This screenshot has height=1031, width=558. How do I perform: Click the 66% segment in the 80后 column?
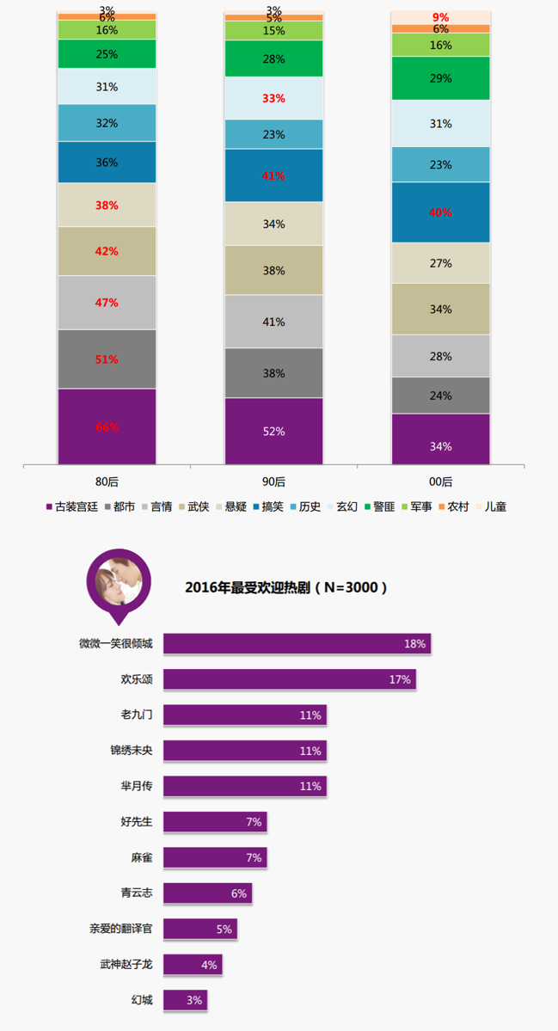(107, 427)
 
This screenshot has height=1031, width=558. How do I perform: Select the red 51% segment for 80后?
(107, 359)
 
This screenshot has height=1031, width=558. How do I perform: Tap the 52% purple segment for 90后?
(273, 432)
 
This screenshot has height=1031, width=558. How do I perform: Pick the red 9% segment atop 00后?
(440, 17)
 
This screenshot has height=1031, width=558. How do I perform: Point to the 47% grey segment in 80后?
(107, 303)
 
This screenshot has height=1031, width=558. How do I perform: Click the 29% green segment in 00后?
(440, 78)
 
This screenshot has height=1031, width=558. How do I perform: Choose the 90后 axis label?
(273, 482)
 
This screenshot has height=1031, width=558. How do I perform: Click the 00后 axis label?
(440, 482)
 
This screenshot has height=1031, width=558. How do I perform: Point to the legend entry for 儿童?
(490, 506)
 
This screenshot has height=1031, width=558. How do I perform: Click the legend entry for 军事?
(415, 506)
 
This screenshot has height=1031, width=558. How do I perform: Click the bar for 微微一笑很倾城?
(297, 643)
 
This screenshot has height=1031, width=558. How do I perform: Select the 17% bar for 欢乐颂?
(289, 679)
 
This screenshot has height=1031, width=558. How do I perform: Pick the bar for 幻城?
(185, 1000)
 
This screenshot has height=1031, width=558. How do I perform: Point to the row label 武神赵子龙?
(126, 965)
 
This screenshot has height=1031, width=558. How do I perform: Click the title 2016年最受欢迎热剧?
(286, 588)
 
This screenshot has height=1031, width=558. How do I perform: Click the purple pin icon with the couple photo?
(118, 582)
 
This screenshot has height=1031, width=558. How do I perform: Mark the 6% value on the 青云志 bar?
(238, 893)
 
